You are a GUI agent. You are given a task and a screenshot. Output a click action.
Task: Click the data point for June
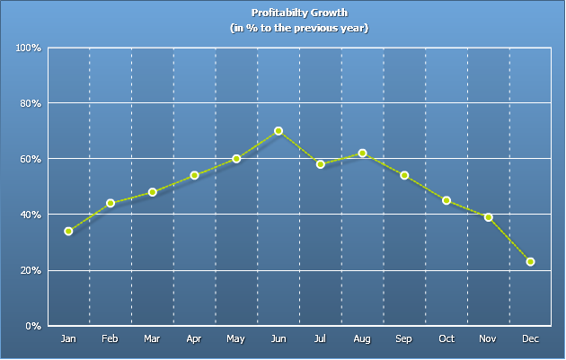(x=279, y=131)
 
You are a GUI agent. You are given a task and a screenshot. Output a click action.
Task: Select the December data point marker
(x=531, y=262)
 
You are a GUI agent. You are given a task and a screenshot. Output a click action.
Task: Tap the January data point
(x=68, y=232)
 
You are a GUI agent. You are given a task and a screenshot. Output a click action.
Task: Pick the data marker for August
(x=362, y=154)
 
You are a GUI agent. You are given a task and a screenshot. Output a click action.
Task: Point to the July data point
(x=321, y=164)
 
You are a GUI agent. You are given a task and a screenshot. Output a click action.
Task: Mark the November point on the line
(x=489, y=217)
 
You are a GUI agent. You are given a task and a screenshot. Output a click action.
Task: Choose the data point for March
(x=153, y=192)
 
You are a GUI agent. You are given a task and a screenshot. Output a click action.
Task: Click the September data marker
(x=404, y=175)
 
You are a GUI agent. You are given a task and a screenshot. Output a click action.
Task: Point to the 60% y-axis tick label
(x=31, y=159)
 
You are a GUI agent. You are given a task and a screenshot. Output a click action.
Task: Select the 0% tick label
(x=34, y=326)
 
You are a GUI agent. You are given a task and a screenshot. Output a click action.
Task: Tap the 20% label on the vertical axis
(x=31, y=270)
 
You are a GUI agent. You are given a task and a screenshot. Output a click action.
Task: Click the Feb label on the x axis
(x=110, y=339)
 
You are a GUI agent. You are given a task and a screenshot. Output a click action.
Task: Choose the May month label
(x=236, y=339)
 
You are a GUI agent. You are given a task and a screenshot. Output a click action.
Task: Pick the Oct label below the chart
(x=447, y=339)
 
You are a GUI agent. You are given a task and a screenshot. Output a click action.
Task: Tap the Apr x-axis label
(x=194, y=339)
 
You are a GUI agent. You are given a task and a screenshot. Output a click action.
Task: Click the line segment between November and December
(x=510, y=240)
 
